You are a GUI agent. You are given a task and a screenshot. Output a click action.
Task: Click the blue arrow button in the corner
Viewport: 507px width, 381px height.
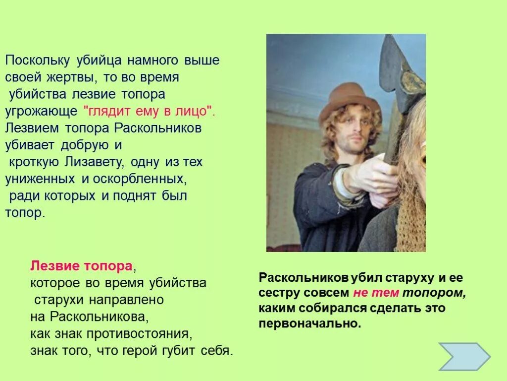tap(464, 357)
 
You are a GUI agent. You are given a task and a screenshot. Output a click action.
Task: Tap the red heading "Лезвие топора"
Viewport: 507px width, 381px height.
tap(82, 266)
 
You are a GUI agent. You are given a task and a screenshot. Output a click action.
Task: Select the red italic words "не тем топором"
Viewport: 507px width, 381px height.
tap(409, 293)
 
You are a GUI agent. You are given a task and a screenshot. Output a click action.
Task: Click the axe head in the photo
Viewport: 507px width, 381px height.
tap(401, 74)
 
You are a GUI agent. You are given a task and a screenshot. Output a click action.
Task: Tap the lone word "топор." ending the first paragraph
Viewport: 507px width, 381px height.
tap(25, 213)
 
